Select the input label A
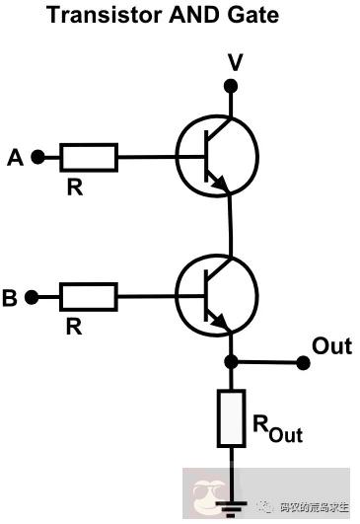(14, 156)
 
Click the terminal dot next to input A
(38, 156)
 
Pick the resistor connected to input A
(89, 156)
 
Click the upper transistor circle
(217, 156)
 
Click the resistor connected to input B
(89, 296)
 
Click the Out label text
(331, 346)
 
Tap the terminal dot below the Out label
(304, 363)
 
